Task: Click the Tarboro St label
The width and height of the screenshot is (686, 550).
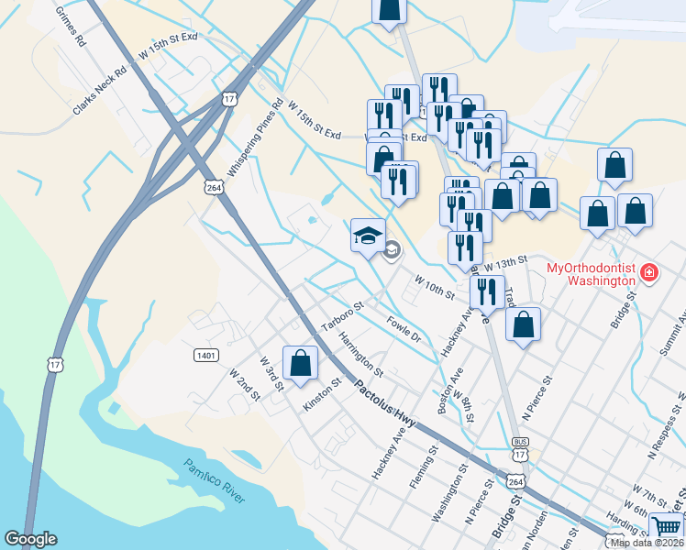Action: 343,317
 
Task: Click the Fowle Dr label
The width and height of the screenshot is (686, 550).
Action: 404,329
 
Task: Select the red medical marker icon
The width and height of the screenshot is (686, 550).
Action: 648,272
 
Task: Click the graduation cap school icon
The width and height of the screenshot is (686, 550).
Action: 368,235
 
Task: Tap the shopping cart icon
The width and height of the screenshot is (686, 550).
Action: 667,527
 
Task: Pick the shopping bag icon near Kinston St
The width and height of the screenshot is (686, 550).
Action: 300,363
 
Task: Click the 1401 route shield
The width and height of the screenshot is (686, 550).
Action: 205,354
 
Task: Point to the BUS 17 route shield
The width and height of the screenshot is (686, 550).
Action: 520,447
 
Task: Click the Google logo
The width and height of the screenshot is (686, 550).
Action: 31,539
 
